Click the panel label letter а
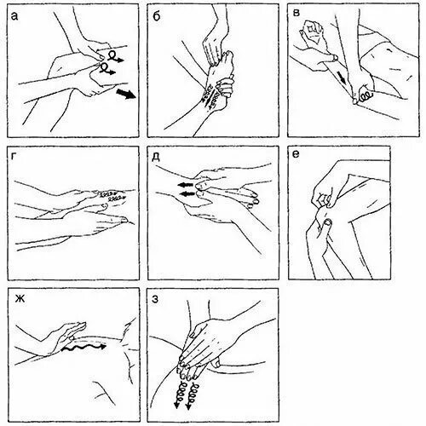coord(14,17)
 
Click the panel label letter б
coord(157,16)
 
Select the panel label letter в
coord(296,13)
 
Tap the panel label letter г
coord(14,158)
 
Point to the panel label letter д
coord(156,157)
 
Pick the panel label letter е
coord(296,154)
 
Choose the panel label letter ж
coord(20,299)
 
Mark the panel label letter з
coord(155,299)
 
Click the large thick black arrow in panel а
coord(126,94)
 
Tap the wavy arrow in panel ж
coord(83,347)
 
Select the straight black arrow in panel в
coord(342,77)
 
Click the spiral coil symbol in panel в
coord(366,96)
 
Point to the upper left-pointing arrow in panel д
coord(186,185)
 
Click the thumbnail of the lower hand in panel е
coord(328,222)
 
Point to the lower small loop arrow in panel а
coord(107,69)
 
